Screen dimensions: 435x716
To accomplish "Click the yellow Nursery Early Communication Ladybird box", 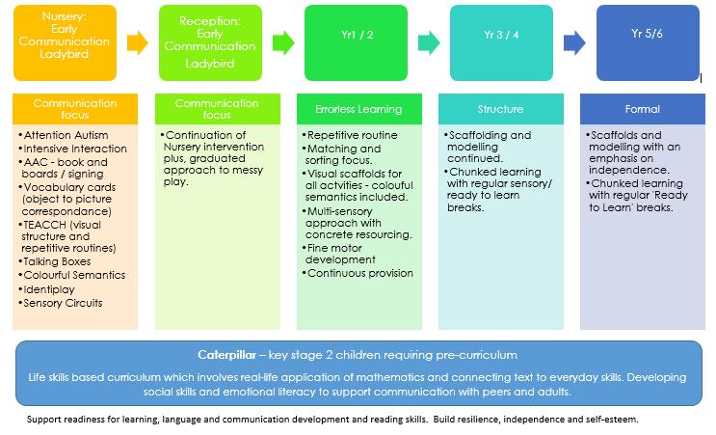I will (x=67, y=42).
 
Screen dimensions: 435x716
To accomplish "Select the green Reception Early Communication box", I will (x=208, y=43).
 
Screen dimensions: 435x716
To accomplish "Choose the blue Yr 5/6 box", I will (x=647, y=43).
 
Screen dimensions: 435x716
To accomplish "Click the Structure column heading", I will (x=500, y=109).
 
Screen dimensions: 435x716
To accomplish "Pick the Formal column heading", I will (x=642, y=109).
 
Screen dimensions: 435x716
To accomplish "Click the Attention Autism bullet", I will (x=65, y=135).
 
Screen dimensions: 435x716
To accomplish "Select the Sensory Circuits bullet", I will (x=64, y=303).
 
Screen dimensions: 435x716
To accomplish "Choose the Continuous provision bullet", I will (x=360, y=273).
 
